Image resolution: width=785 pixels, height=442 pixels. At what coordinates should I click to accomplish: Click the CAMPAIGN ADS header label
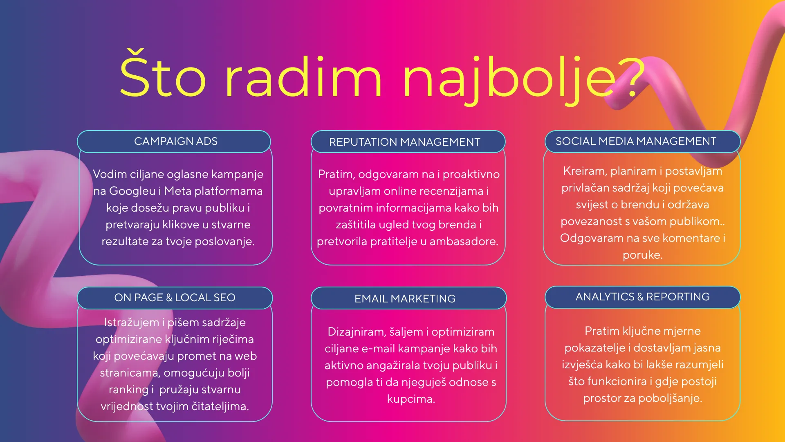(x=176, y=141)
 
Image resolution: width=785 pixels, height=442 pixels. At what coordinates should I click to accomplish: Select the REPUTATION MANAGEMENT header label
(x=405, y=142)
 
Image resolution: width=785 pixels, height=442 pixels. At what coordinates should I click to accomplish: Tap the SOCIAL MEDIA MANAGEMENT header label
(x=636, y=141)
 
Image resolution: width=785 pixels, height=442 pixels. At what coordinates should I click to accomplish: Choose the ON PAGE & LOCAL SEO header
(x=175, y=298)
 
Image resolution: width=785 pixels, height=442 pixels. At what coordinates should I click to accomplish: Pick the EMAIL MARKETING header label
(x=405, y=299)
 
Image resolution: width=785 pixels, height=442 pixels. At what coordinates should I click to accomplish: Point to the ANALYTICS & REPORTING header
(x=643, y=297)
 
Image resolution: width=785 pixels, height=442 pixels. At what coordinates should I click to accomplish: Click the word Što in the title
(x=163, y=74)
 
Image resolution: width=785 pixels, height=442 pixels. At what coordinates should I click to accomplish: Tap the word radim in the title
(x=303, y=77)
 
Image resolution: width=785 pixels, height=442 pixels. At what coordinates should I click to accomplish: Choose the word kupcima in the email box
(x=411, y=399)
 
